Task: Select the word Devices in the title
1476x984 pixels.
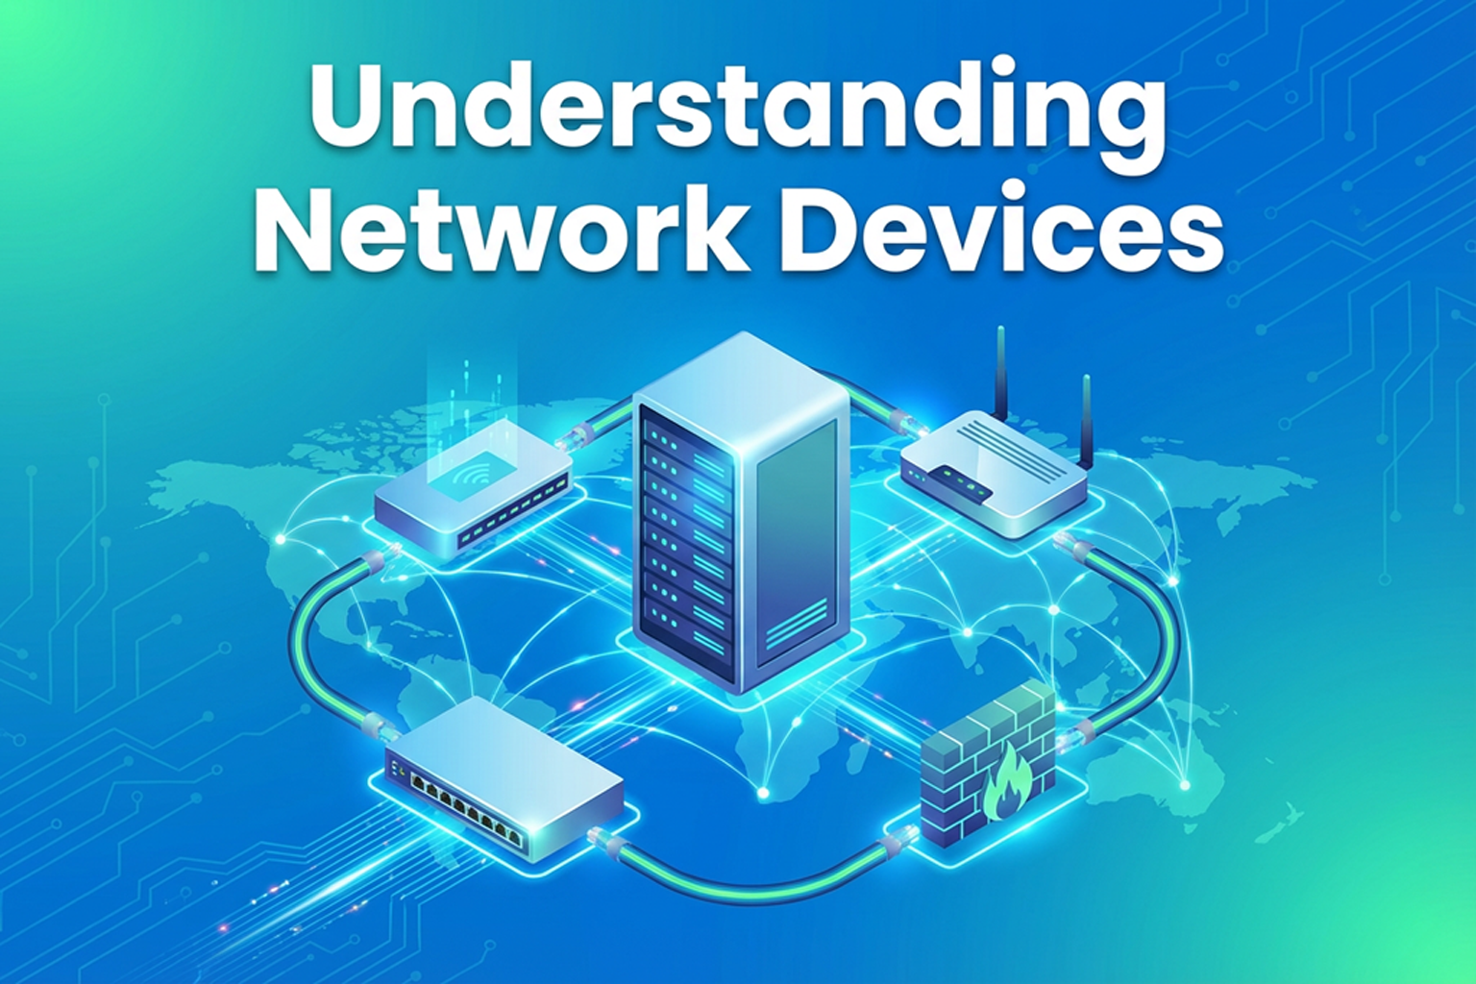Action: tap(1002, 231)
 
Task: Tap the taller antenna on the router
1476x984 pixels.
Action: tap(1001, 372)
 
